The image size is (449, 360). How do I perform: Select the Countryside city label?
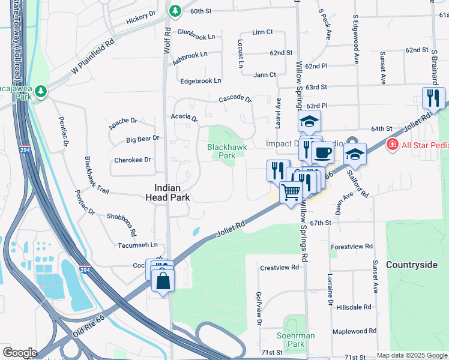point(412,265)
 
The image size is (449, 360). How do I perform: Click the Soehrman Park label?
point(296,340)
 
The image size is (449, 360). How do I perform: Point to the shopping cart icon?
point(291,193)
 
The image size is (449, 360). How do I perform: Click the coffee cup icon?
point(323,153)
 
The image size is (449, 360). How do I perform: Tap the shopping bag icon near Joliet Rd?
point(163,280)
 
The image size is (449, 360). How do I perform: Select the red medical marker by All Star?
point(392,144)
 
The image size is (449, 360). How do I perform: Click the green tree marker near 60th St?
point(175,11)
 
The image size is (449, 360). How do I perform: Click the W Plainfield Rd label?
point(92,57)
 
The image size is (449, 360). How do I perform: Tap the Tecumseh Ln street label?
point(137,245)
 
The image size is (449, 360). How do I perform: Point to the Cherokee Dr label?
point(132,160)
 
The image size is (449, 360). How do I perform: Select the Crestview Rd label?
point(279,267)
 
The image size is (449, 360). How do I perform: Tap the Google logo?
point(20,352)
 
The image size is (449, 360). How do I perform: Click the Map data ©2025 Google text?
point(412,355)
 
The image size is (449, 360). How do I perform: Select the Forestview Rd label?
point(352,247)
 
